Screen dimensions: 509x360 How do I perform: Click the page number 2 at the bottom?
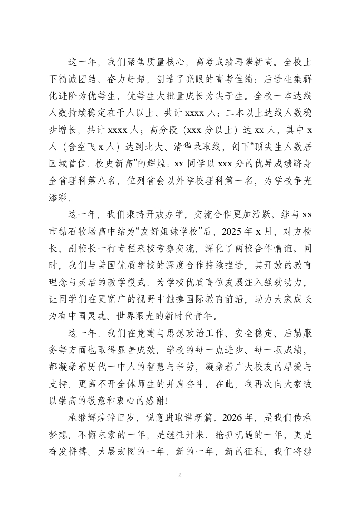[180, 475]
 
